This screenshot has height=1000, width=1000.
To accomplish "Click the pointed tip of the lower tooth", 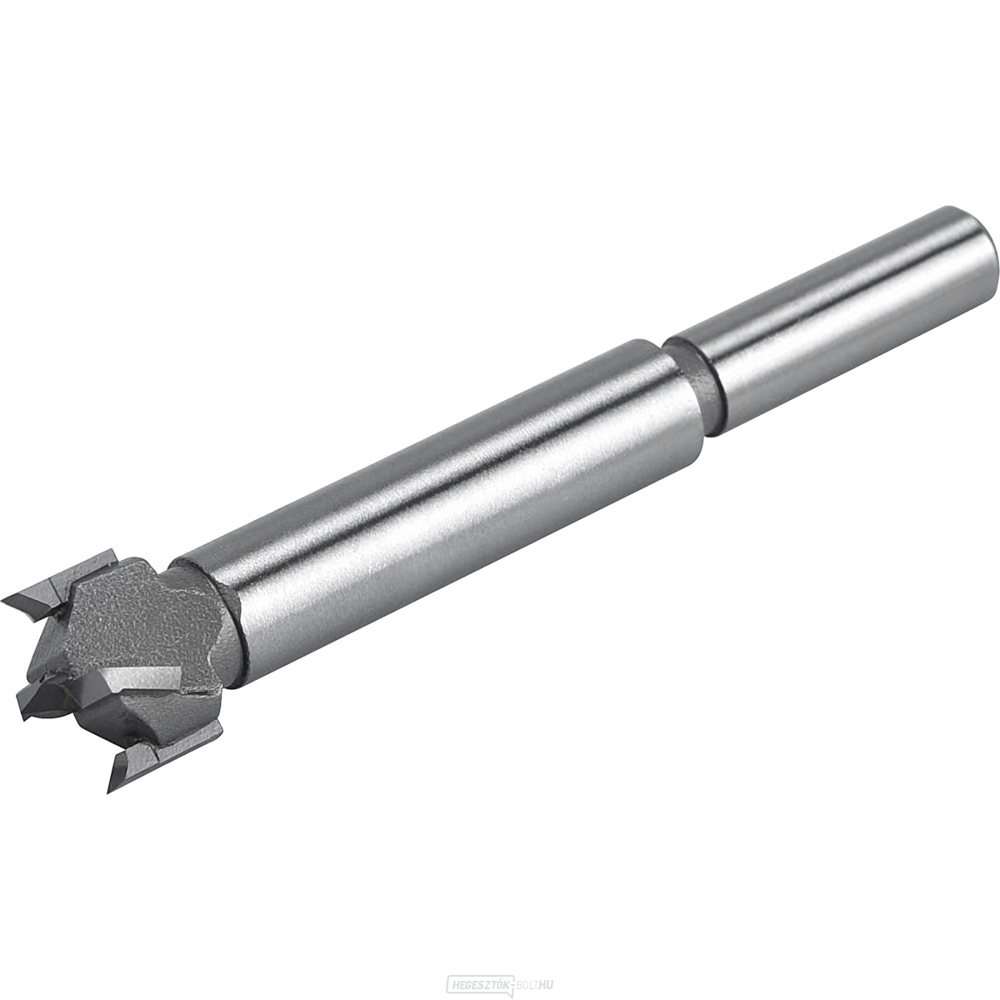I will tap(111, 787).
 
